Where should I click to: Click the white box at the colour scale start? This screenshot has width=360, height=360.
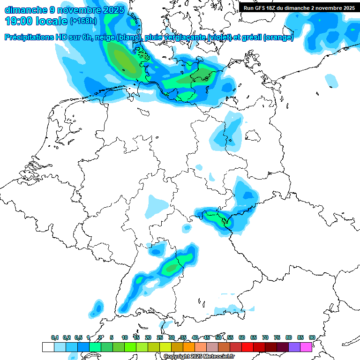click(48, 347)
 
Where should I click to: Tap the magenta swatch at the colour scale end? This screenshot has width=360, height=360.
click(306, 347)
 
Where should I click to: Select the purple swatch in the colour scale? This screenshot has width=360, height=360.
click(294, 347)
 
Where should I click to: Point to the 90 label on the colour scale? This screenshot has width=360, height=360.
click(312, 337)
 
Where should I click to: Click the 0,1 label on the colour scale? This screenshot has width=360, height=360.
click(55, 337)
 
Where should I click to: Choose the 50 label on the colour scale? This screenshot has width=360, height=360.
click(218, 337)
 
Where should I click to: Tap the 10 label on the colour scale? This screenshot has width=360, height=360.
click(125, 337)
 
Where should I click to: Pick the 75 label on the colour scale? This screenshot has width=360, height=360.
click(277, 337)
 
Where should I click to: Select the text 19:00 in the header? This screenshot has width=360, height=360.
click(19, 21)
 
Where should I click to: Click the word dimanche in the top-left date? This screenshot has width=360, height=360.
click(26, 9)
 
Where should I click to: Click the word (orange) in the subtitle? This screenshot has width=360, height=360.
click(278, 37)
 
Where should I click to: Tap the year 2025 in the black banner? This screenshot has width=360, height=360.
click(347, 8)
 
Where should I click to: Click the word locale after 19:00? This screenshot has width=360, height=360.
click(52, 21)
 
